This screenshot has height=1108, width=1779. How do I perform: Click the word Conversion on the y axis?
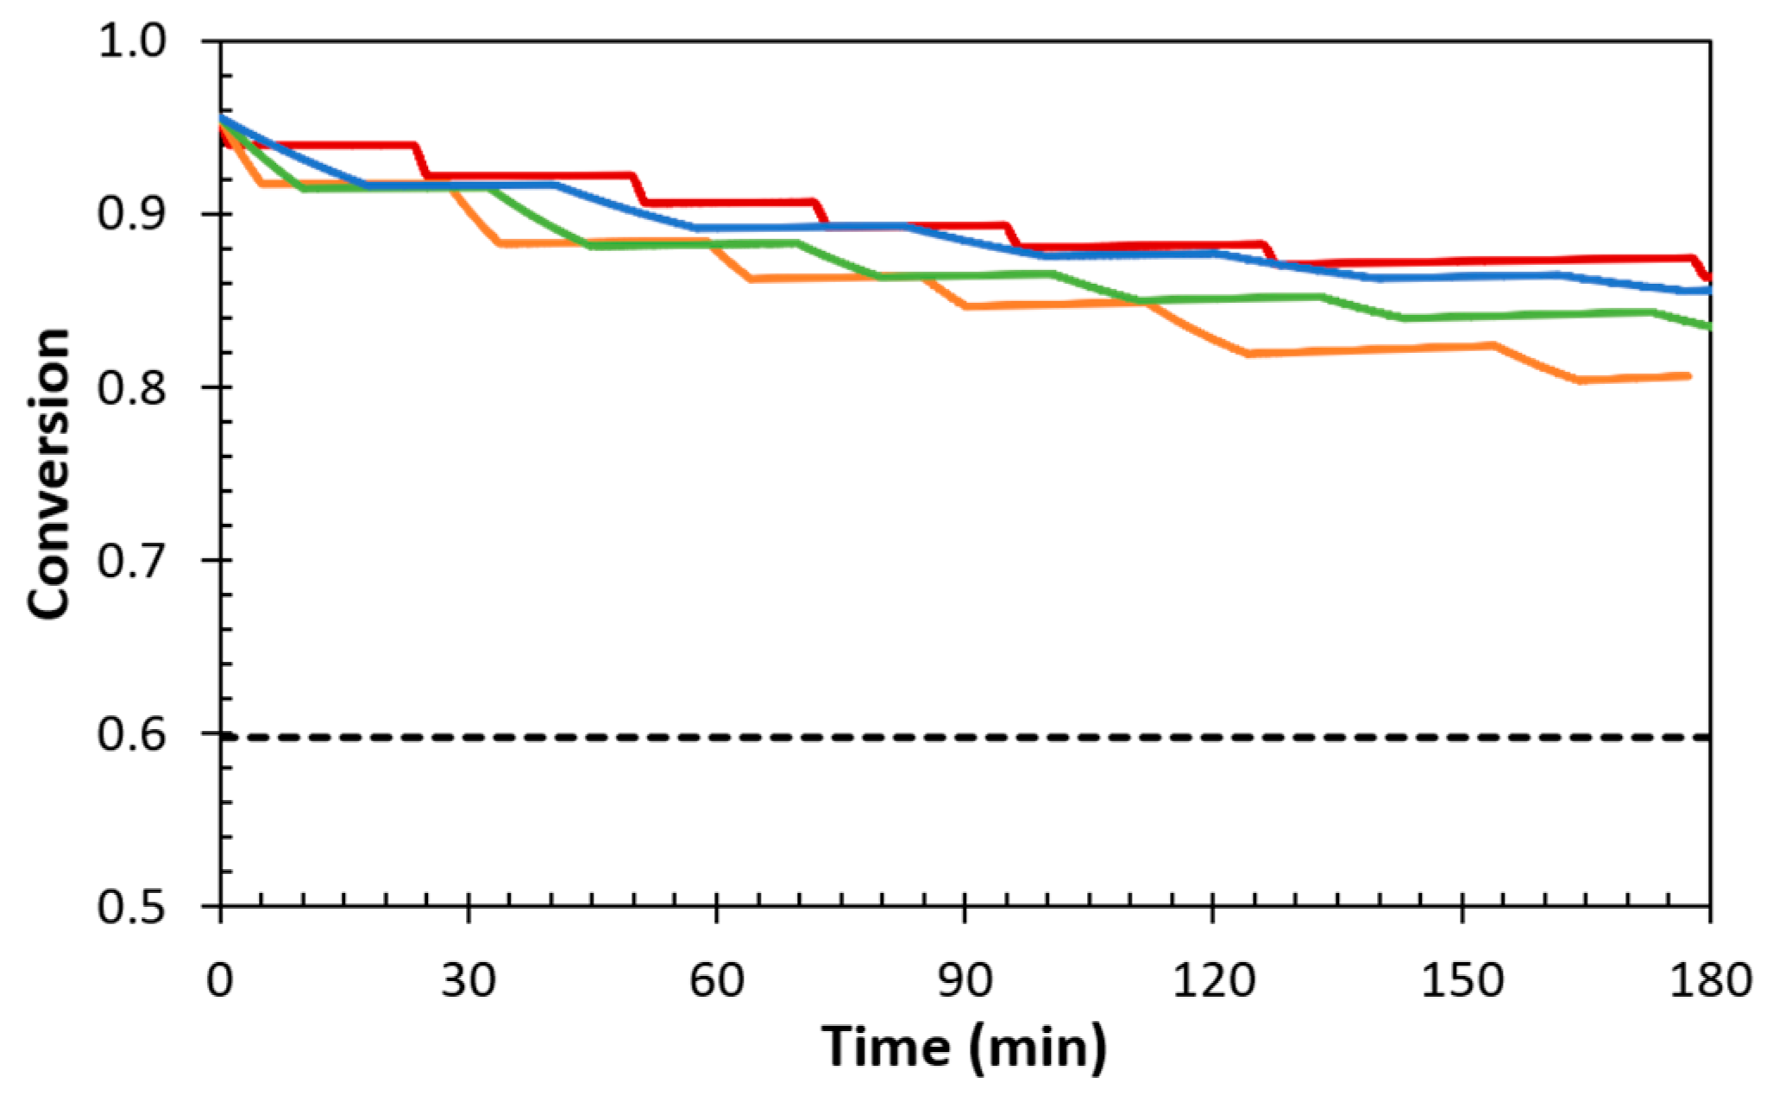[49, 473]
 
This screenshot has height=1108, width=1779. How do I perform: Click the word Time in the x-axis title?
[886, 1047]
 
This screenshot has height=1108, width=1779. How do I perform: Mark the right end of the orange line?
[1687, 376]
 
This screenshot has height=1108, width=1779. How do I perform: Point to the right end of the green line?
[1707, 325]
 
